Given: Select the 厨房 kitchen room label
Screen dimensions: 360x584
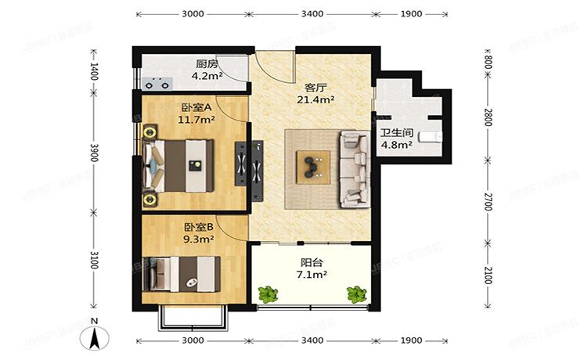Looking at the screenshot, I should click(x=207, y=65).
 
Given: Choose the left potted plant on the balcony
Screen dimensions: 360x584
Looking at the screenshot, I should click(x=269, y=294).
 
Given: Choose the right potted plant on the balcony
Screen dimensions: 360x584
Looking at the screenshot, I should click(x=356, y=294).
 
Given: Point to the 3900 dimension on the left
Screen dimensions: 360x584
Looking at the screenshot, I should click(x=94, y=156).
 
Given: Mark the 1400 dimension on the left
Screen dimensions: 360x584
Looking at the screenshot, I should click(x=94, y=74).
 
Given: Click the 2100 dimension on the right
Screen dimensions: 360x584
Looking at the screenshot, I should click(x=487, y=275).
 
